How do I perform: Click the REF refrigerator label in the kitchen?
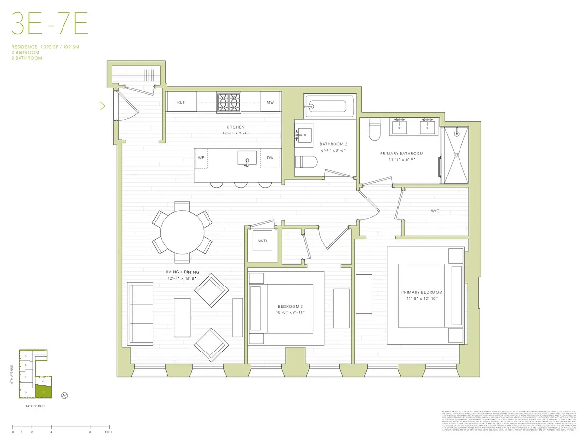[181, 102]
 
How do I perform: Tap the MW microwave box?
[270, 102]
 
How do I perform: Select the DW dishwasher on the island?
[270, 158]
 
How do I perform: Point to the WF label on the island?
[201, 158]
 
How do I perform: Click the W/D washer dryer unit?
[263, 240]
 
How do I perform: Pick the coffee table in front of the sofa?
[182, 318]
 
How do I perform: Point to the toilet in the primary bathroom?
[375, 130]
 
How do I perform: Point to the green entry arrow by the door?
[102, 106]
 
